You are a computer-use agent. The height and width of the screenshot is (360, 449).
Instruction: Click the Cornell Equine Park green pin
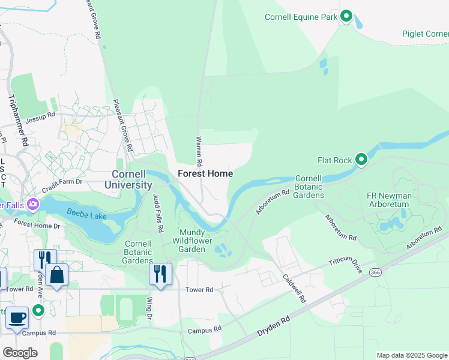click(346, 17)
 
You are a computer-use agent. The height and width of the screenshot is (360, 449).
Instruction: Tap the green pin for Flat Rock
click(361, 160)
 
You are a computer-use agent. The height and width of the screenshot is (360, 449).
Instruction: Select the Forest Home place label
click(205, 173)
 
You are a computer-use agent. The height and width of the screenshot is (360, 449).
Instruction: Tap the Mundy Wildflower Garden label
click(192, 241)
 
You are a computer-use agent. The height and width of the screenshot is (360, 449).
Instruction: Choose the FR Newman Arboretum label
click(389, 200)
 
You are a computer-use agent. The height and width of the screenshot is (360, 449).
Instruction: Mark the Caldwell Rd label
click(294, 288)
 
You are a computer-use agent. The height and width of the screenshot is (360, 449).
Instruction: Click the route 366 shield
click(376, 272)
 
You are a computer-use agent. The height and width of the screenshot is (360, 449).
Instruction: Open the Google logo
click(20, 353)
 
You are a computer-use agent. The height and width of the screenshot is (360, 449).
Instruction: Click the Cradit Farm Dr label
click(70, 181)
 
